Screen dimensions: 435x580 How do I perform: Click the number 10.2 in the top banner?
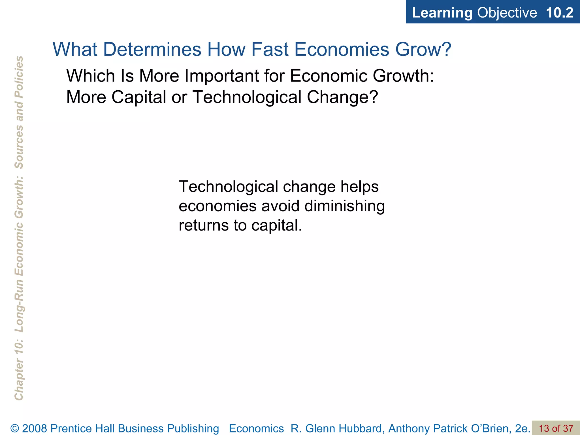click(559, 13)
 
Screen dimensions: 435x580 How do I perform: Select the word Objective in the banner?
click(507, 13)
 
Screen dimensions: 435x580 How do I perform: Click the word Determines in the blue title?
click(152, 49)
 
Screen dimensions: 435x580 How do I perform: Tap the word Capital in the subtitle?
click(139, 97)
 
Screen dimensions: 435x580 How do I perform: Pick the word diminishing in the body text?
click(345, 206)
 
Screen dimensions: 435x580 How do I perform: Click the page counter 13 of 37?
click(556, 428)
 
